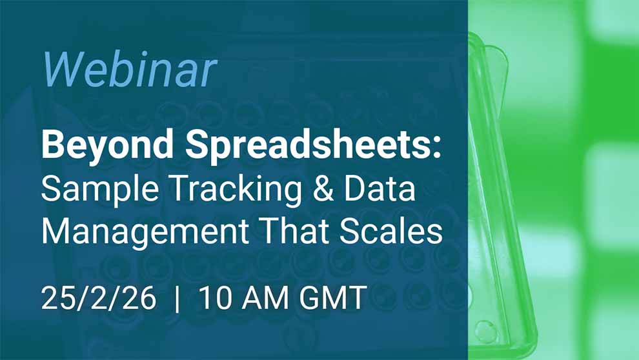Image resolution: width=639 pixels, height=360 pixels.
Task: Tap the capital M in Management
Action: point(56,230)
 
